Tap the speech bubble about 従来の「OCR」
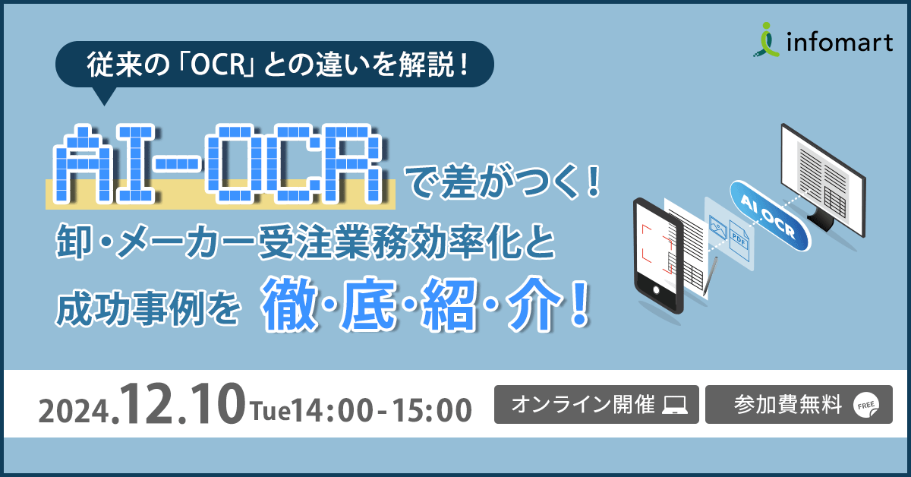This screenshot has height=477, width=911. point(276,64)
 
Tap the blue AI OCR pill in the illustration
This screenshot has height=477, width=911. point(768,216)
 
